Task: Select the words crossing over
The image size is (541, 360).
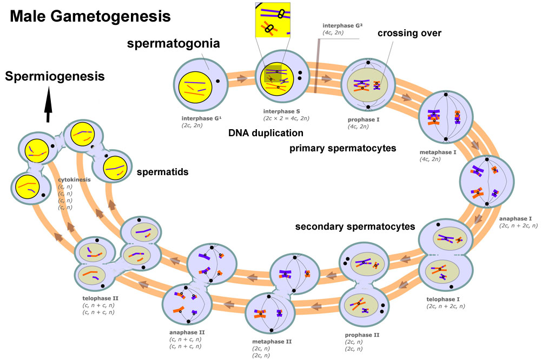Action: click(410, 33)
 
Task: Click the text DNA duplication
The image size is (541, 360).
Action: click(266, 132)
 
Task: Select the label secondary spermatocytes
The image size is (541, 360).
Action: click(355, 226)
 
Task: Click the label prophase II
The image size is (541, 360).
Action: click(362, 335)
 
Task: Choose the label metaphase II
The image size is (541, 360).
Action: click(272, 342)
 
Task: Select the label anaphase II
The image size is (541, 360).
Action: click(187, 332)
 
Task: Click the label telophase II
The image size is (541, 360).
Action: click(97, 298)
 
